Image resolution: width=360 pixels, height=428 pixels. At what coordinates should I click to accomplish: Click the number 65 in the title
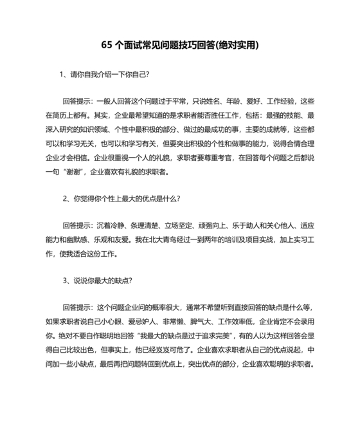point(107,45)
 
